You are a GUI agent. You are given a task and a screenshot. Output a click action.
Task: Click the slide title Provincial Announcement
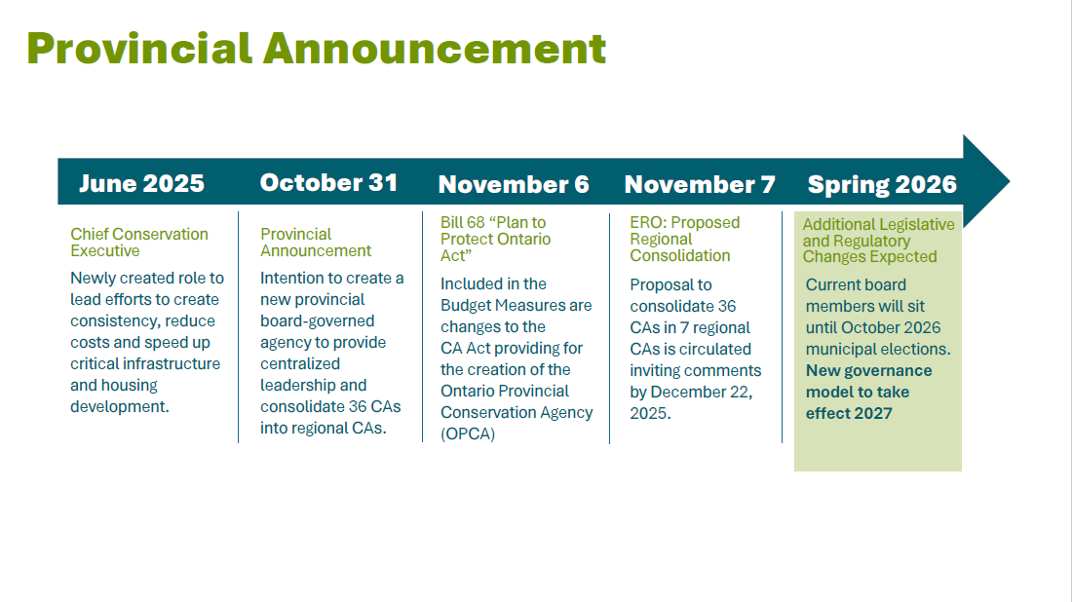point(317,49)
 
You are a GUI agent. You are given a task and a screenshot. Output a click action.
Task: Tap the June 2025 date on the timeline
point(141,183)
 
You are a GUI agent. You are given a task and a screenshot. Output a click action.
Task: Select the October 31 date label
point(328,182)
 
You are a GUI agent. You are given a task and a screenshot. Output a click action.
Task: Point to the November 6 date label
point(514,184)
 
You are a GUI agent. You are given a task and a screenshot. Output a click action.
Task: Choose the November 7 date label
point(700,184)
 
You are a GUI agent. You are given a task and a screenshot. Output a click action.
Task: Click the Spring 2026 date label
point(882,184)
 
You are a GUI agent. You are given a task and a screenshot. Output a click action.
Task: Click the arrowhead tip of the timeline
point(1009,182)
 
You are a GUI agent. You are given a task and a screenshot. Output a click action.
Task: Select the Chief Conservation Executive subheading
point(139,242)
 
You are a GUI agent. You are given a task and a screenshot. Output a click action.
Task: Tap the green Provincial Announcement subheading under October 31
point(316,242)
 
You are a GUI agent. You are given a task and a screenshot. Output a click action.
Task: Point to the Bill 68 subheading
point(496,239)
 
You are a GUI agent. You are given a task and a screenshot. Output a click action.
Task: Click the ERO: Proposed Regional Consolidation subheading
point(684,239)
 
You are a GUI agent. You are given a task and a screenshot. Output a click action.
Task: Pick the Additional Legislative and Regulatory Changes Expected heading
point(878,241)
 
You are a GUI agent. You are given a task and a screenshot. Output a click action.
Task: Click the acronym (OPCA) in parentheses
point(468,433)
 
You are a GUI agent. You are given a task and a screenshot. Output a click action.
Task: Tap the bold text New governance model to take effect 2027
point(869,392)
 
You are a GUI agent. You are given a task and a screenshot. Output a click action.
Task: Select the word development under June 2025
point(120,406)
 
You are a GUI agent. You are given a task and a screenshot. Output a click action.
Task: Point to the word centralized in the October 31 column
point(300,363)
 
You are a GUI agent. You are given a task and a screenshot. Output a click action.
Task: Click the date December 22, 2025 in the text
point(691,402)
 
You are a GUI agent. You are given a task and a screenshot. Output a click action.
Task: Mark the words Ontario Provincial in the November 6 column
point(505,391)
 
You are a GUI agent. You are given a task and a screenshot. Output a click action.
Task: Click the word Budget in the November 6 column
point(466,306)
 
